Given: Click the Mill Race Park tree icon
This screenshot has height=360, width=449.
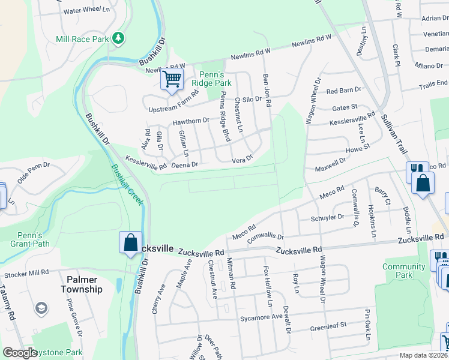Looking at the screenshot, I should coord(119,38).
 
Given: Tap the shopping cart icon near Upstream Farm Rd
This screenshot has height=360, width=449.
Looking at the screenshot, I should coord(172,79).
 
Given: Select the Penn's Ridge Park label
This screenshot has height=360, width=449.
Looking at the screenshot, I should coord(215,79).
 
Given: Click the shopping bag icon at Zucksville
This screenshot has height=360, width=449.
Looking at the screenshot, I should coord(130,243).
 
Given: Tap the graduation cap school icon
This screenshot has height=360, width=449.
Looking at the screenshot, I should coord(41,308).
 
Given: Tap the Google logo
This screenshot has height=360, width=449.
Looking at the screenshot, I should coord(20,353).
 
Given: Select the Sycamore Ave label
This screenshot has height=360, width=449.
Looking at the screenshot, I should coord(261,317).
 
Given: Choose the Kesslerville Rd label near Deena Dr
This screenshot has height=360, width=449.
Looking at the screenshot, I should coord(146,162).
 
